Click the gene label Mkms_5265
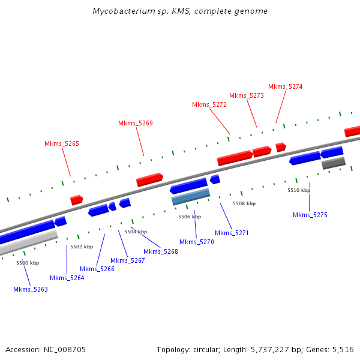click(x=62, y=143)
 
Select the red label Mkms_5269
click(x=136, y=123)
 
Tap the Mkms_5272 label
click(x=209, y=104)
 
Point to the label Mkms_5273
click(x=247, y=95)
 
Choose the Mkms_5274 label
click(x=286, y=86)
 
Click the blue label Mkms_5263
click(x=31, y=289)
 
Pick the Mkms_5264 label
click(x=67, y=278)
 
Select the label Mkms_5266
click(x=97, y=269)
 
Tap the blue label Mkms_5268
click(x=161, y=251)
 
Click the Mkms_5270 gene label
click(x=197, y=242)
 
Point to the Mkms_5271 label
click(x=232, y=233)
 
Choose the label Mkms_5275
click(x=310, y=215)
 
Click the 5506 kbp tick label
click(x=190, y=217)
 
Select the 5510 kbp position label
click(x=299, y=190)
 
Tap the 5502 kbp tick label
click(x=82, y=247)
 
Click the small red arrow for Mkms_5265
click(x=76, y=200)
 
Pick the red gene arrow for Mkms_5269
click(x=149, y=179)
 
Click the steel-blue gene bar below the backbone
click(x=191, y=197)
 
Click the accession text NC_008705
click(x=46, y=349)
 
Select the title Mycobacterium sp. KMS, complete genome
click(x=180, y=11)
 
